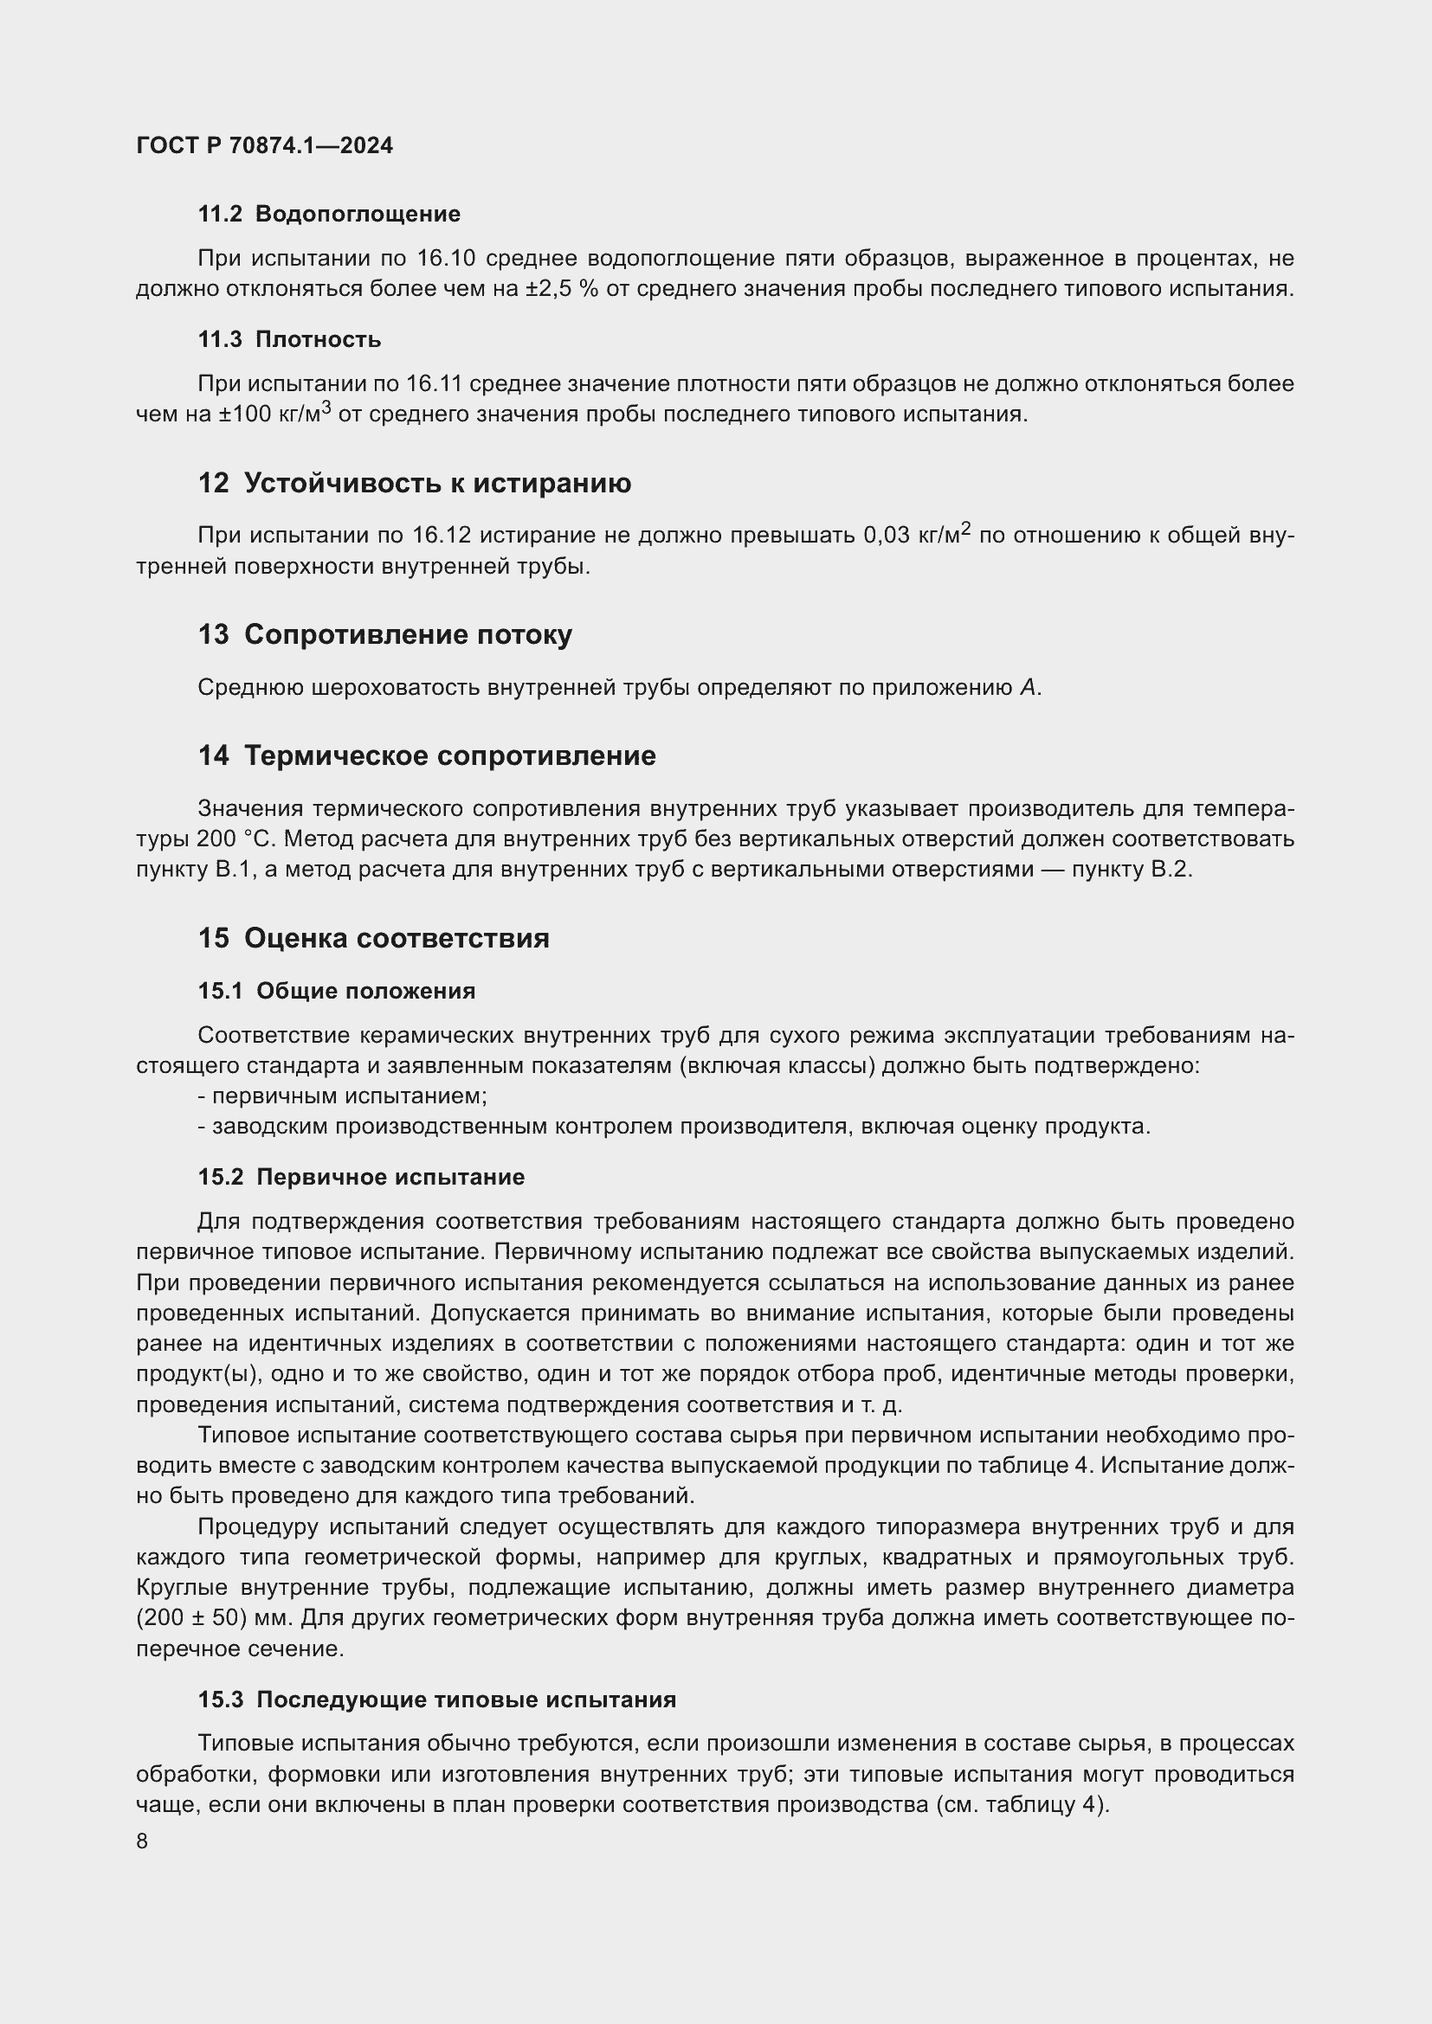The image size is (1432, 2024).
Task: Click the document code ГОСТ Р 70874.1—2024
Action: pyautogui.click(x=265, y=145)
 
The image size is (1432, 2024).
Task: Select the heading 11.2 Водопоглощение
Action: pyautogui.click(x=329, y=215)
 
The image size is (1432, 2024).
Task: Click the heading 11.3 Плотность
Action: pyautogui.click(x=289, y=339)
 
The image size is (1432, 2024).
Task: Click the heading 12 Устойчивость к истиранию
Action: pyautogui.click(x=415, y=483)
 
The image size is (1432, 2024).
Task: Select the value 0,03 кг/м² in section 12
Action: pyautogui.click(x=916, y=534)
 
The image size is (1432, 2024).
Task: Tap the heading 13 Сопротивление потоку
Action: pyautogui.click(x=385, y=633)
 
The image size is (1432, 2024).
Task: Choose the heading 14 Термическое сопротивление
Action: pyautogui.click(x=427, y=755)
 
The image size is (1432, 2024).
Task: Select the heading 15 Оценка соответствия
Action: pyautogui.click(x=373, y=938)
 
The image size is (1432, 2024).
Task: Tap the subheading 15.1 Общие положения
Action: pyautogui.click(x=337, y=991)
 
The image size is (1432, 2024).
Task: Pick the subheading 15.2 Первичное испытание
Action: pyautogui.click(x=362, y=1177)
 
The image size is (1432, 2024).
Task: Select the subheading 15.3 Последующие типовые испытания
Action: pyautogui.click(x=437, y=1700)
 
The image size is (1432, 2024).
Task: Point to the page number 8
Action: pyautogui.click(x=143, y=1841)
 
